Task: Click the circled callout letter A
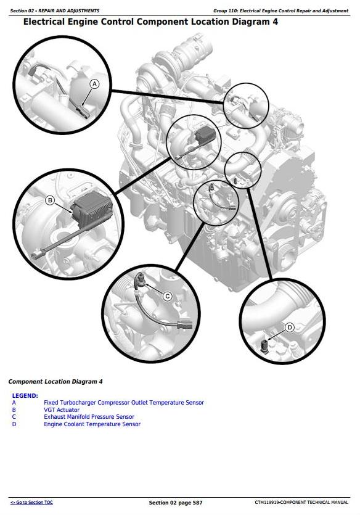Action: point(94,84)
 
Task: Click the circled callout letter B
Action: point(50,200)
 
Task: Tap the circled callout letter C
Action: point(168,296)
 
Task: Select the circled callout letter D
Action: point(290,328)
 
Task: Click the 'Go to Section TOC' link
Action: point(31,502)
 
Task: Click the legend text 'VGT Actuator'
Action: point(62,410)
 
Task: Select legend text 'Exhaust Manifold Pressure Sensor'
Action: point(89,417)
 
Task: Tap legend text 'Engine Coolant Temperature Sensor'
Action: point(92,424)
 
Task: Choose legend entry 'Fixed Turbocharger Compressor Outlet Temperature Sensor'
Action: point(124,402)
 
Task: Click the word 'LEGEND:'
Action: point(25,396)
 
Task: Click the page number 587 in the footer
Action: point(197,503)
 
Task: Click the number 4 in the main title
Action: point(275,22)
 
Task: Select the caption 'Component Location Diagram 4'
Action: point(55,382)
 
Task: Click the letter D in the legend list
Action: point(14,424)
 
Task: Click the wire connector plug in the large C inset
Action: point(184,324)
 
